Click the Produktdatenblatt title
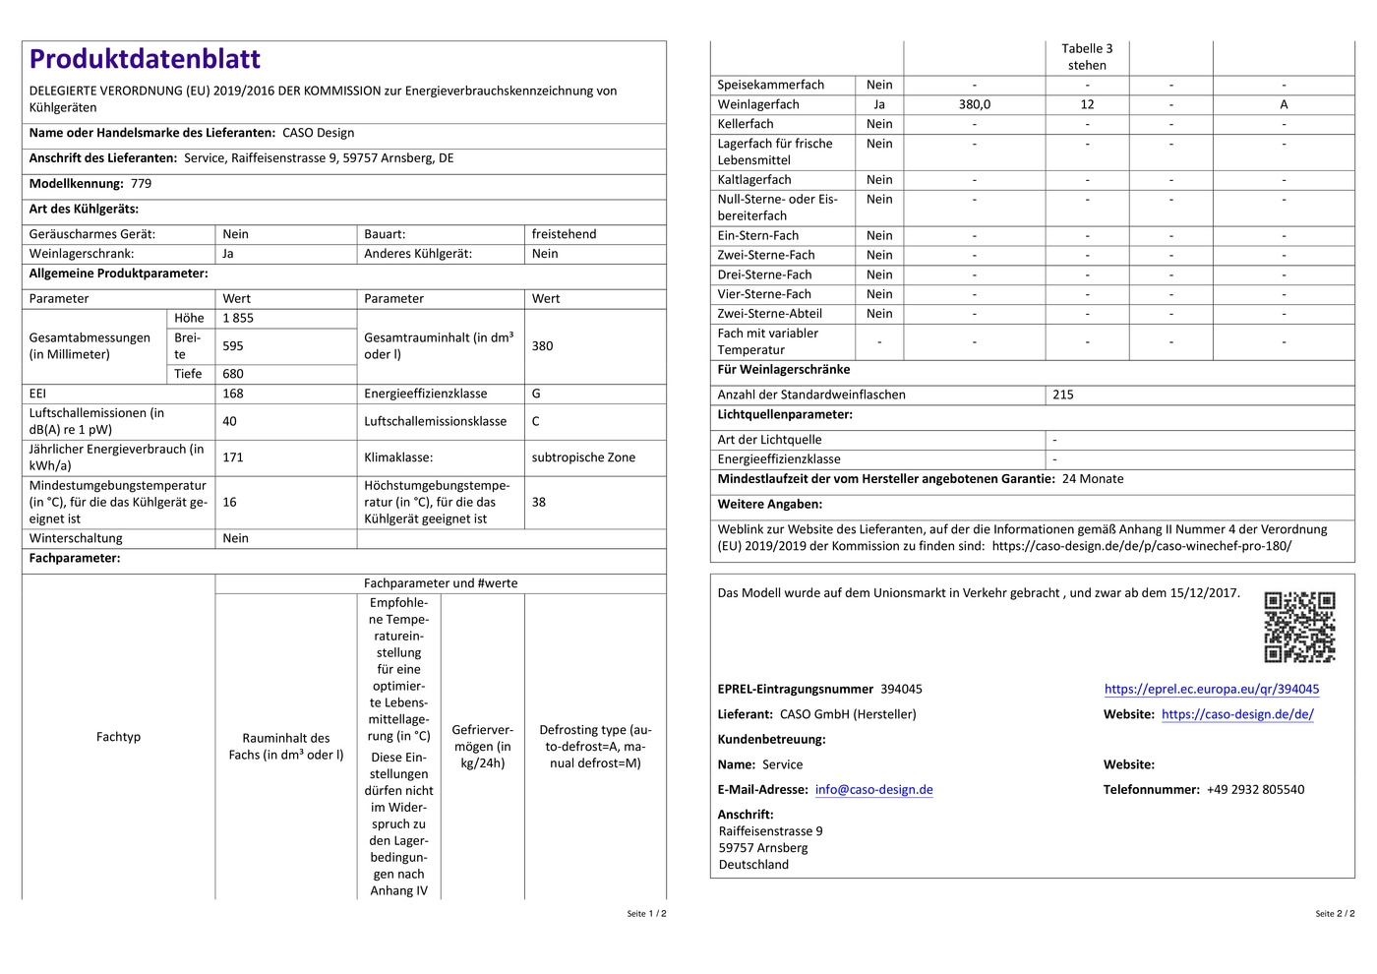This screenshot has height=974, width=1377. click(145, 59)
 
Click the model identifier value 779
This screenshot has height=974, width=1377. click(142, 184)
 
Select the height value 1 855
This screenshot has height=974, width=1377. click(238, 319)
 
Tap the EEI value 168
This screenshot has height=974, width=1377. click(233, 394)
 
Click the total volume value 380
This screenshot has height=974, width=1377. click(542, 346)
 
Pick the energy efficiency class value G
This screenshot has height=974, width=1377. click(536, 394)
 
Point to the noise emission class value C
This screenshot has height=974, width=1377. click(536, 421)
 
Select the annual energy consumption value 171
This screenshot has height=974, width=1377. click(233, 457)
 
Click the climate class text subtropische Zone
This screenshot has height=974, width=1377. click(583, 457)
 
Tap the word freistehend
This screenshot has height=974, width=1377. click(564, 234)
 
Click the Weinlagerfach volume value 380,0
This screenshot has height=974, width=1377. click(975, 104)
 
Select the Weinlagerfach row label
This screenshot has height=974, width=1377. click(758, 104)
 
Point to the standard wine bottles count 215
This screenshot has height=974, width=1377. click(1063, 395)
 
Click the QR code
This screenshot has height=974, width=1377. click(1299, 627)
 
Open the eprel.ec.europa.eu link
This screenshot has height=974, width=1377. click(1212, 690)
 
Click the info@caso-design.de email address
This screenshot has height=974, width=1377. click(873, 790)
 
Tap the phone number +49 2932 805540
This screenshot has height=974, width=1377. click(1255, 790)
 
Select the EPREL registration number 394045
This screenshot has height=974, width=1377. click(901, 690)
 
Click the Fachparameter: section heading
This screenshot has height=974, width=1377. click(75, 559)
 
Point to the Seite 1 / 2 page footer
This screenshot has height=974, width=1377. click(646, 914)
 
